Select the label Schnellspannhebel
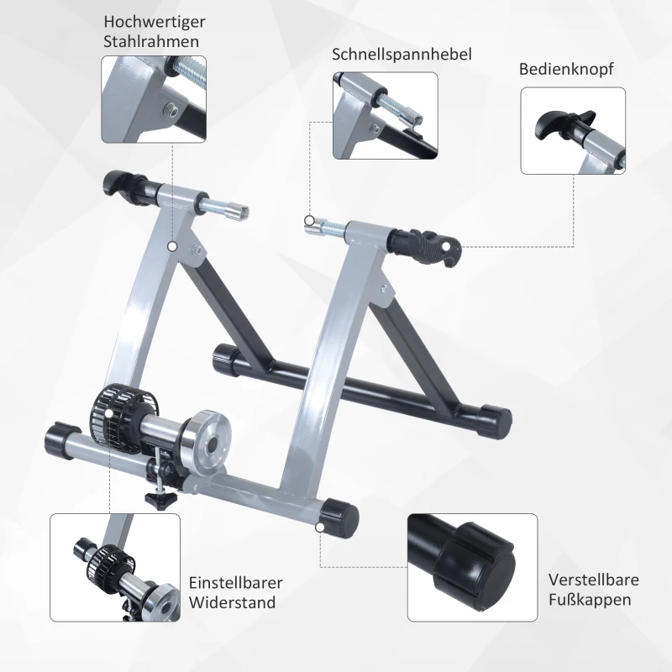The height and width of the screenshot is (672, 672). click(x=402, y=55)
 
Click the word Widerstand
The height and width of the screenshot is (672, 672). click(x=232, y=603)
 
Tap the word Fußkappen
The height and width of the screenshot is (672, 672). click(x=589, y=601)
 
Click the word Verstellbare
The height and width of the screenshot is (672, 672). click(x=594, y=580)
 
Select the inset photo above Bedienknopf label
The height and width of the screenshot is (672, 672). click(x=573, y=131)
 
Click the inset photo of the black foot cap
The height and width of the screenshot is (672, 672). click(x=472, y=567)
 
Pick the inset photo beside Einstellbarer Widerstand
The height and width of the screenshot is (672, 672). click(x=115, y=568)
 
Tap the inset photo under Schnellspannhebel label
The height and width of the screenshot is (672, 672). click(x=385, y=115)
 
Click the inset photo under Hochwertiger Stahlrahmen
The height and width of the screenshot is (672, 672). click(x=154, y=99)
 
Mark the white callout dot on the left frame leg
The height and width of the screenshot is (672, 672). click(x=172, y=246)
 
